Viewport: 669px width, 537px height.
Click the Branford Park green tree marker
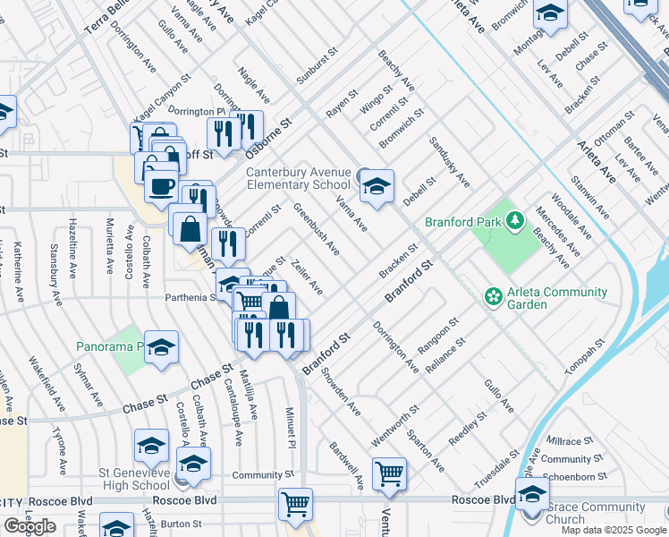514,220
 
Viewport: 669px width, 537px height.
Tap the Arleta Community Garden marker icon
491,295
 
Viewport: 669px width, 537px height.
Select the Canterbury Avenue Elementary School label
299,177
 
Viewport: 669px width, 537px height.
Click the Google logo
29,526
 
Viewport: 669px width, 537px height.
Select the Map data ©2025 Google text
614,530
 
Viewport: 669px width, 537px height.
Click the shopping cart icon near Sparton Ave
389,473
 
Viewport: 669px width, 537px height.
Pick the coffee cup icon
161,185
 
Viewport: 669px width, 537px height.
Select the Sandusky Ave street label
449,162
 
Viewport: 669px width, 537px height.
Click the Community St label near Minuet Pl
263,474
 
